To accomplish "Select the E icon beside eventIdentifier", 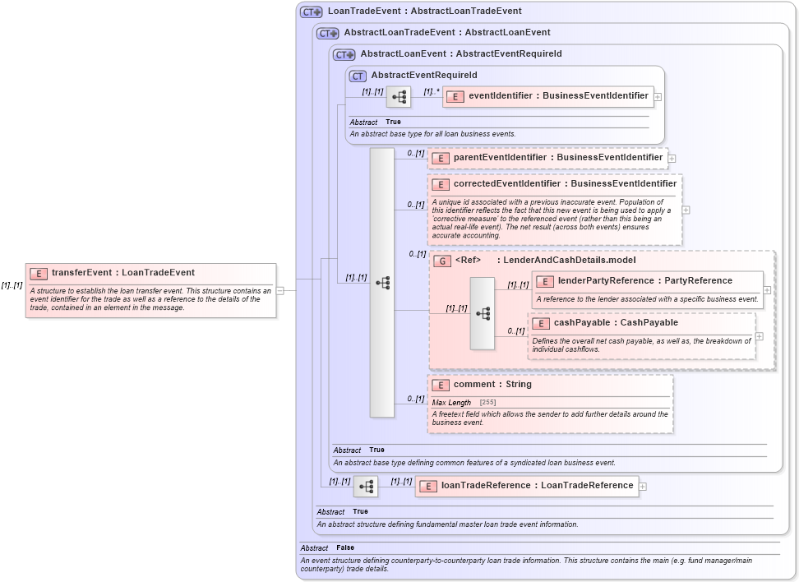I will (x=455, y=96).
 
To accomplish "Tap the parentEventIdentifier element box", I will (x=547, y=158).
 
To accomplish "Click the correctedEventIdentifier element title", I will (x=565, y=184).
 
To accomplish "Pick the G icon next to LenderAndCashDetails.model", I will (x=442, y=261).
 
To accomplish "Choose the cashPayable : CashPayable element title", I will (x=616, y=323).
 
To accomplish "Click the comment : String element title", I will (x=492, y=385).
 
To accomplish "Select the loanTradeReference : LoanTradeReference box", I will (x=526, y=486).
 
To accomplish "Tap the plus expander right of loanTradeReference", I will (x=643, y=487).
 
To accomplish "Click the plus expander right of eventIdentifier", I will (x=658, y=97).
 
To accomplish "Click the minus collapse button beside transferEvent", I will (x=280, y=289).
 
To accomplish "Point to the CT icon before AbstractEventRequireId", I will (x=358, y=76).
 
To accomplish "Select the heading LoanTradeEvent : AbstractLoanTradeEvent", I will (x=424, y=12).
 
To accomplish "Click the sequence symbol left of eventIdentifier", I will (x=399, y=97).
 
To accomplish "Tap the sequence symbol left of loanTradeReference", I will (x=366, y=487).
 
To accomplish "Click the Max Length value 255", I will (x=488, y=403).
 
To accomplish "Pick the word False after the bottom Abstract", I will (x=345, y=547).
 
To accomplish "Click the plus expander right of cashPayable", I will (x=759, y=335).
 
